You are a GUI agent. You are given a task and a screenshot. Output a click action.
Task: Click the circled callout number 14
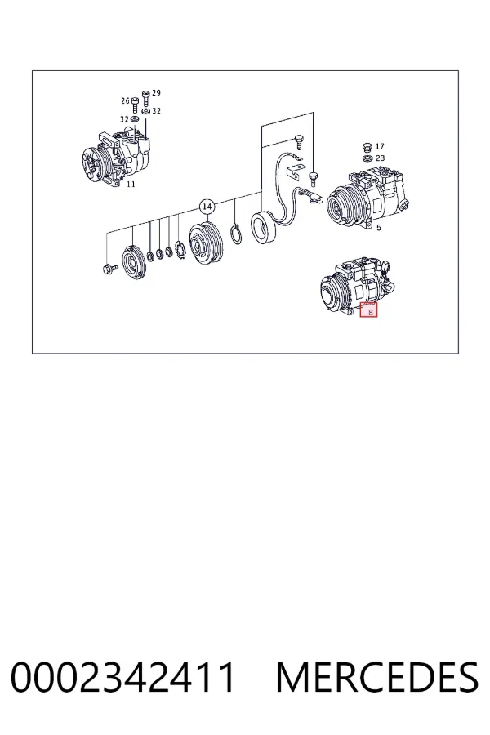(207, 207)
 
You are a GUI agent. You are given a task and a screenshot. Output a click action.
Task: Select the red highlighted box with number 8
(368, 310)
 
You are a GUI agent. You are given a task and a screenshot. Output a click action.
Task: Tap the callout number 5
(379, 228)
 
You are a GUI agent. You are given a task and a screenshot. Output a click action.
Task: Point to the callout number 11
(131, 185)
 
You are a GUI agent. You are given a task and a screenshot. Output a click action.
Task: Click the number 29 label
(156, 93)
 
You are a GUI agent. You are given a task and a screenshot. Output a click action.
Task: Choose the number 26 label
(125, 100)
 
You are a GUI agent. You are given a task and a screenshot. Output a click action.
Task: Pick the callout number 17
(380, 147)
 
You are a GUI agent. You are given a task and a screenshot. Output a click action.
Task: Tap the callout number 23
(380, 158)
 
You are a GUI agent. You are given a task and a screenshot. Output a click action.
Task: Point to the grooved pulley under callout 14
(206, 242)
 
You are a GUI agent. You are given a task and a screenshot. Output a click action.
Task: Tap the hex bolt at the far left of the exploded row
(109, 269)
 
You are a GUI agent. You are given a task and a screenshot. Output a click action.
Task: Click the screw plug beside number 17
(367, 147)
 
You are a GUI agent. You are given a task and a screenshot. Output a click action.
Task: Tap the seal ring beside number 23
(367, 158)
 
